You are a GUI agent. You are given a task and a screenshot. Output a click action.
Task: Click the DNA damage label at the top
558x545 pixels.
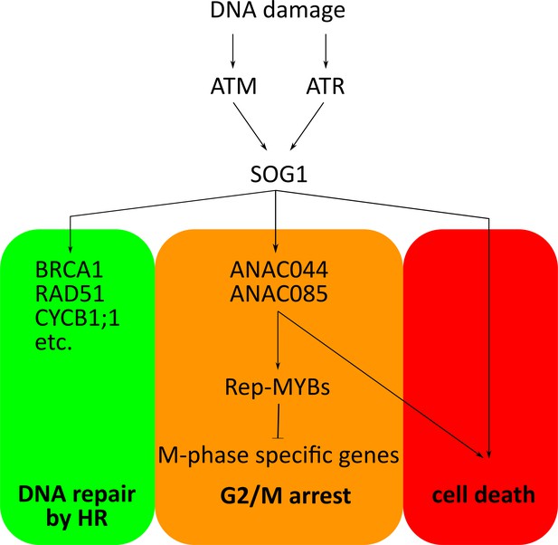(x=278, y=11)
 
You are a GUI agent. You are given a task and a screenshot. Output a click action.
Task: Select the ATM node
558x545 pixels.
(x=233, y=86)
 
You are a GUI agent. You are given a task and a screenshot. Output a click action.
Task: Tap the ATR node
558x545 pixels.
(x=326, y=86)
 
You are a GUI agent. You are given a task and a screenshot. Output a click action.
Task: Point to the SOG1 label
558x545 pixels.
(x=279, y=175)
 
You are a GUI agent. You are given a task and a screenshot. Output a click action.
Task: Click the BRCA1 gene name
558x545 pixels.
(x=69, y=270)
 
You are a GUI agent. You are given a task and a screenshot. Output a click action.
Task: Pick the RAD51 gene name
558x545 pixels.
(x=70, y=294)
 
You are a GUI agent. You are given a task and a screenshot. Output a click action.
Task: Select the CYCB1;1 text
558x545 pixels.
(x=77, y=318)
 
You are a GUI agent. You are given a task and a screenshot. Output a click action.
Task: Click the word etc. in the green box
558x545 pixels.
(x=53, y=343)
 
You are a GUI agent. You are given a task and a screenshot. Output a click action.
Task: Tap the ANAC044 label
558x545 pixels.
(x=279, y=270)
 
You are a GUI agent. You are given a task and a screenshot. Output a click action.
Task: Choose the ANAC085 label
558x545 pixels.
(x=279, y=294)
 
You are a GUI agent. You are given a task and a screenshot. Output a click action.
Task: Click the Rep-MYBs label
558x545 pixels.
(x=278, y=387)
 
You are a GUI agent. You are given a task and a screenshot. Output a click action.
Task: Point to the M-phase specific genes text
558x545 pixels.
(x=279, y=455)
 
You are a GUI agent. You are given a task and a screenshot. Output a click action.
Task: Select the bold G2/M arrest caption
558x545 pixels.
(x=286, y=495)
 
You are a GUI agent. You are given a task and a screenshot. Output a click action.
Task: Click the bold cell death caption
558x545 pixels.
(x=484, y=495)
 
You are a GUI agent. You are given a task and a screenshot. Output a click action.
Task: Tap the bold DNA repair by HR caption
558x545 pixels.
(x=77, y=506)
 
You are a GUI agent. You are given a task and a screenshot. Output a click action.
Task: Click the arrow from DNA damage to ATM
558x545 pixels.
(x=232, y=51)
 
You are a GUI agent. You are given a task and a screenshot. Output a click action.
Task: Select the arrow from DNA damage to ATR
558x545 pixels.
(x=326, y=51)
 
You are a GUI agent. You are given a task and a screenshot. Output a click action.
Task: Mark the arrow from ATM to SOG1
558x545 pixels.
(x=251, y=127)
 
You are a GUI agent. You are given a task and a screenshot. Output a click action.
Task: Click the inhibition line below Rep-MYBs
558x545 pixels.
(x=278, y=421)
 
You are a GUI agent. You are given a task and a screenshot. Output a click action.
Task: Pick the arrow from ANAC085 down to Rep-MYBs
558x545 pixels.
(x=278, y=341)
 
